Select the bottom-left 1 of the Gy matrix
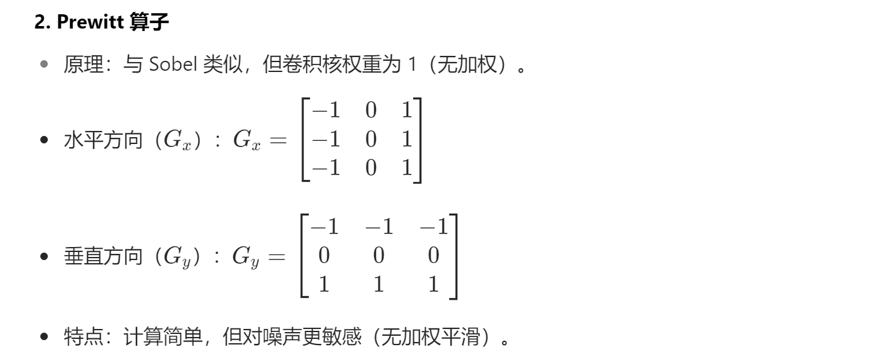click(x=322, y=284)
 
